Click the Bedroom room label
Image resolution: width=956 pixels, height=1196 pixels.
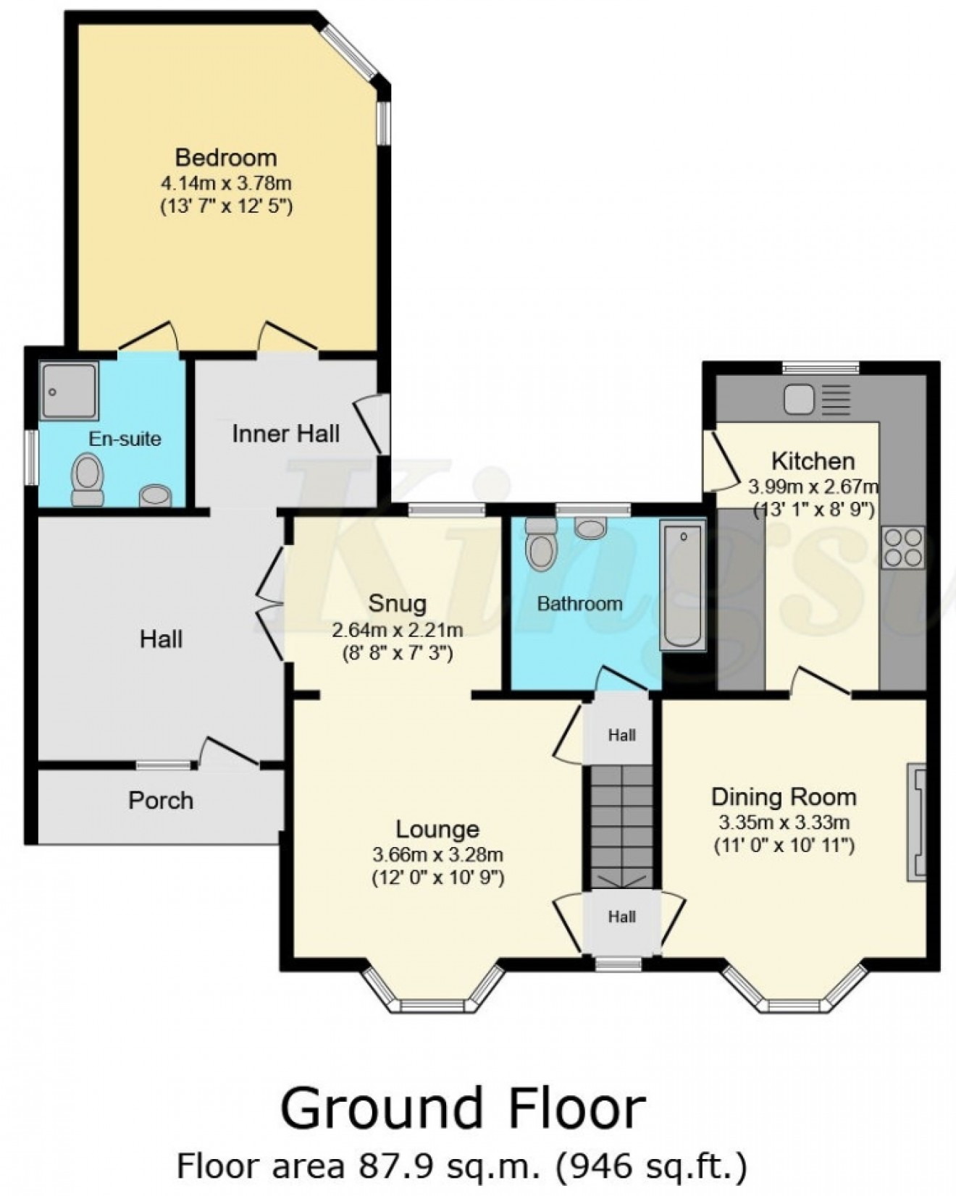[226, 157]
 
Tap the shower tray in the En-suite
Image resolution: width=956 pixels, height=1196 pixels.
[69, 391]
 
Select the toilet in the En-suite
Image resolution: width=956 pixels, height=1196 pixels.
[88, 479]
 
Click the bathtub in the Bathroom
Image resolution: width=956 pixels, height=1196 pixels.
[682, 586]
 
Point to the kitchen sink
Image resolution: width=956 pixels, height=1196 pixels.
[799, 400]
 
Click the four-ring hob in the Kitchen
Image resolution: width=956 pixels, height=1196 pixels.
[903, 547]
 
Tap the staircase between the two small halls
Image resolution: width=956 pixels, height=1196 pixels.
[621, 825]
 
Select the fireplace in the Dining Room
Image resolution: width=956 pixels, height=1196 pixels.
[917, 822]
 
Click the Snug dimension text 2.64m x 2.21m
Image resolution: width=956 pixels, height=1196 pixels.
[397, 630]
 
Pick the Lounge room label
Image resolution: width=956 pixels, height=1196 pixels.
[437, 829]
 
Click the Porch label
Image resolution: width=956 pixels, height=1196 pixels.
[161, 800]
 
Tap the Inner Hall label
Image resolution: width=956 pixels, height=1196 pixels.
[285, 434]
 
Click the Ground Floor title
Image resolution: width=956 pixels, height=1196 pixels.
[462, 1108]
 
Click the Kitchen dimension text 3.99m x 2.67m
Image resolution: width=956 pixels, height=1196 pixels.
[813, 486]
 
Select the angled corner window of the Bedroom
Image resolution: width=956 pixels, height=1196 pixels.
[348, 51]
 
